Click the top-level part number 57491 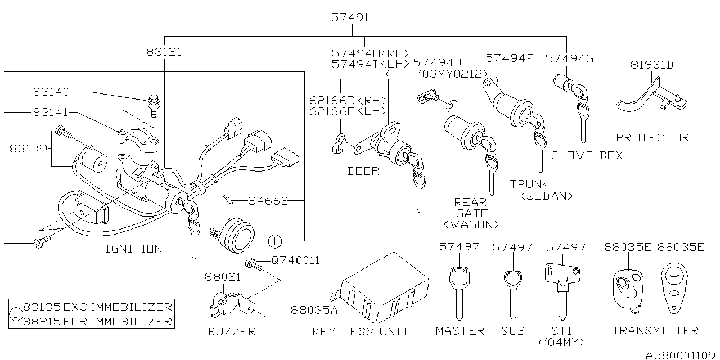click(350, 17)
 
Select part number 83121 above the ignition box click(164, 52)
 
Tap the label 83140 click(51, 92)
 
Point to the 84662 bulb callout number click(268, 201)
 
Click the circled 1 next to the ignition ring click(274, 241)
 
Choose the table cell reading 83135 click(42, 307)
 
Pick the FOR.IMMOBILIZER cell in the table click(118, 321)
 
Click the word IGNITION click(134, 249)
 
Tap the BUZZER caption click(232, 331)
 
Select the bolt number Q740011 click(296, 260)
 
